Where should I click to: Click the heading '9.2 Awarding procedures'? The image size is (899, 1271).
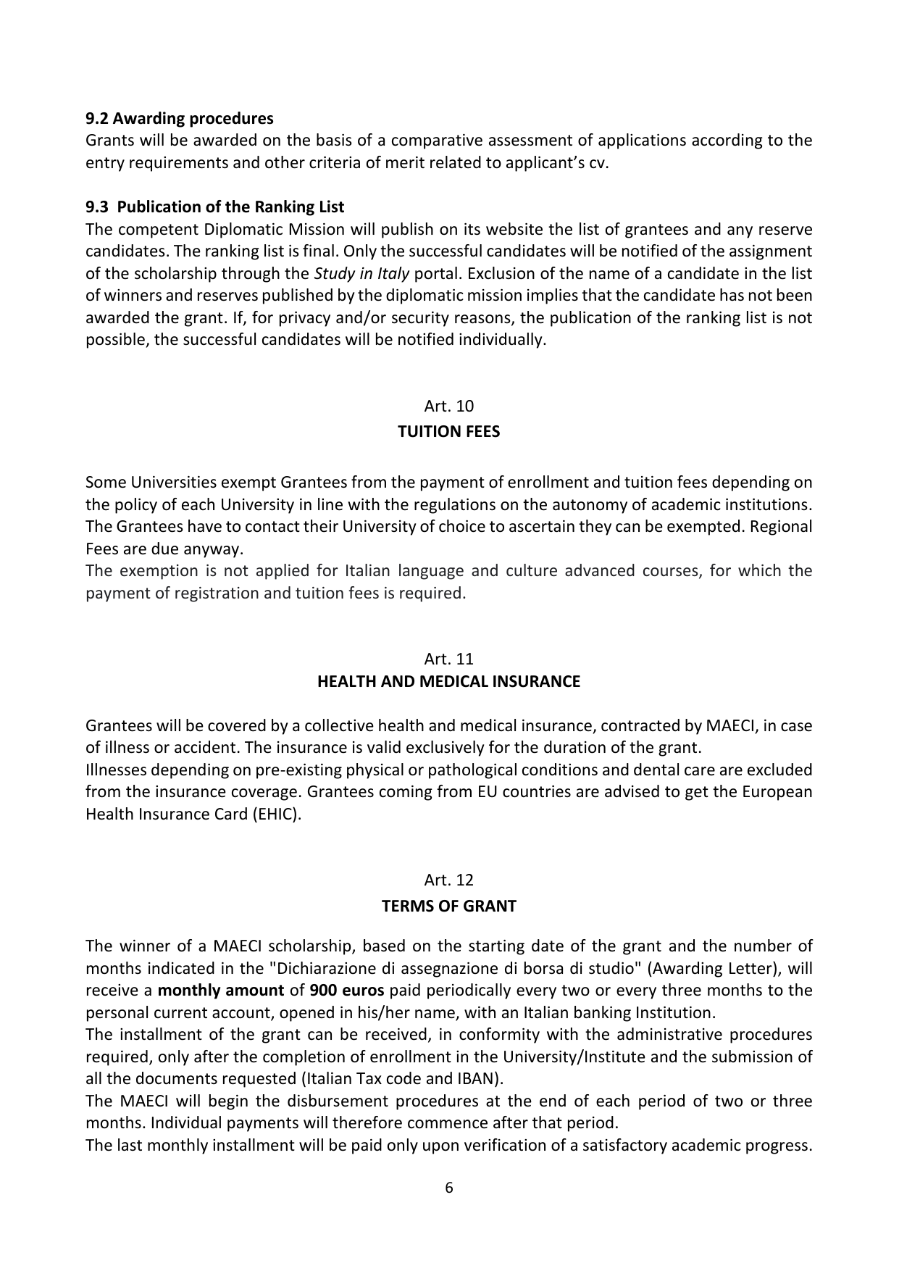click(180, 118)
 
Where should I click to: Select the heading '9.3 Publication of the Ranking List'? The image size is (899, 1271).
click(214, 207)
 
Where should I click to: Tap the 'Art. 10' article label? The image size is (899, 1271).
click(449, 406)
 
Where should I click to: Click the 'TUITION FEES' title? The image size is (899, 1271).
click(449, 432)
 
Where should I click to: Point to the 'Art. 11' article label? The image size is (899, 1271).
click(449, 659)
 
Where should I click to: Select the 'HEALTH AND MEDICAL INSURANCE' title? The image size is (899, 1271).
click(449, 682)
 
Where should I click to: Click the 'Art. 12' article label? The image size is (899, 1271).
click(449, 880)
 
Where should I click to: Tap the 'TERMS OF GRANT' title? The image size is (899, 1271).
click(449, 907)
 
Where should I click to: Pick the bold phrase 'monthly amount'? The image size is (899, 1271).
click(220, 991)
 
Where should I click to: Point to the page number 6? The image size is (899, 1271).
click(449, 1188)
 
